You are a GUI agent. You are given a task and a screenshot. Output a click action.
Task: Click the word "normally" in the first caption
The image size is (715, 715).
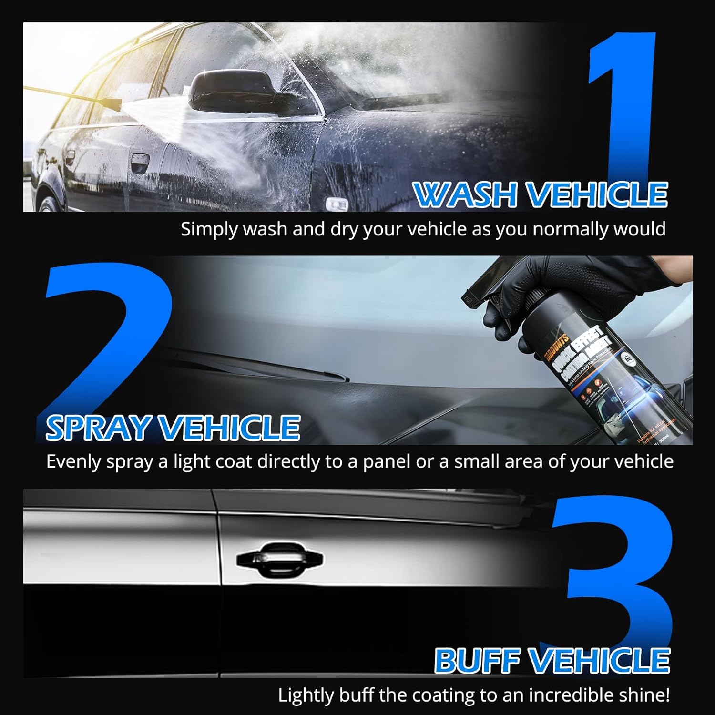pos(570,229)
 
